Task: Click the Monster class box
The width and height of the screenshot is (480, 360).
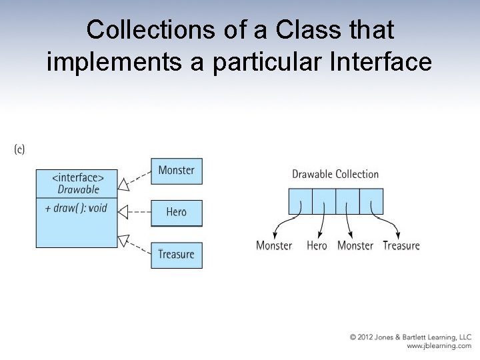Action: pyautogui.click(x=176, y=171)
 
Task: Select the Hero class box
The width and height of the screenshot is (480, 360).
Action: pyautogui.click(x=176, y=213)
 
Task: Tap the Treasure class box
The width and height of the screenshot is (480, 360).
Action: pyautogui.click(x=176, y=255)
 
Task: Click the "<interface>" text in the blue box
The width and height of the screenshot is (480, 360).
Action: pyautogui.click(x=78, y=177)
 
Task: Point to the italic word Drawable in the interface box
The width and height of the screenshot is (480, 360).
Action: pyautogui.click(x=78, y=189)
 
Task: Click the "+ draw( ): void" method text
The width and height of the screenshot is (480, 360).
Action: pyautogui.click(x=76, y=208)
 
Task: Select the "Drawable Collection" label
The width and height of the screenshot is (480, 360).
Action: pyautogui.click(x=335, y=175)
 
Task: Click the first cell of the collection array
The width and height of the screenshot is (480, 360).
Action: pyautogui.click(x=300, y=201)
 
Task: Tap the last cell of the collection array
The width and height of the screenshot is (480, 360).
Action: pyautogui.click(x=371, y=201)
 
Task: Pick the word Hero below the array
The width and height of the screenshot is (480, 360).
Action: pyautogui.click(x=317, y=245)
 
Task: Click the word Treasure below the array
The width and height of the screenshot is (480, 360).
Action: pyautogui.click(x=401, y=245)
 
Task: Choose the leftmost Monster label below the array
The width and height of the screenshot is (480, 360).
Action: pyautogui.click(x=274, y=245)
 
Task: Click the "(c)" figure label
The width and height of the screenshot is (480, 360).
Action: pyautogui.click(x=19, y=149)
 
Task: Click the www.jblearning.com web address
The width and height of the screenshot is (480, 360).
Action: pyautogui.click(x=439, y=346)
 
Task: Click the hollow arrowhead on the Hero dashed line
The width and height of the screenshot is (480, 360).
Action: pyautogui.click(x=122, y=211)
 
